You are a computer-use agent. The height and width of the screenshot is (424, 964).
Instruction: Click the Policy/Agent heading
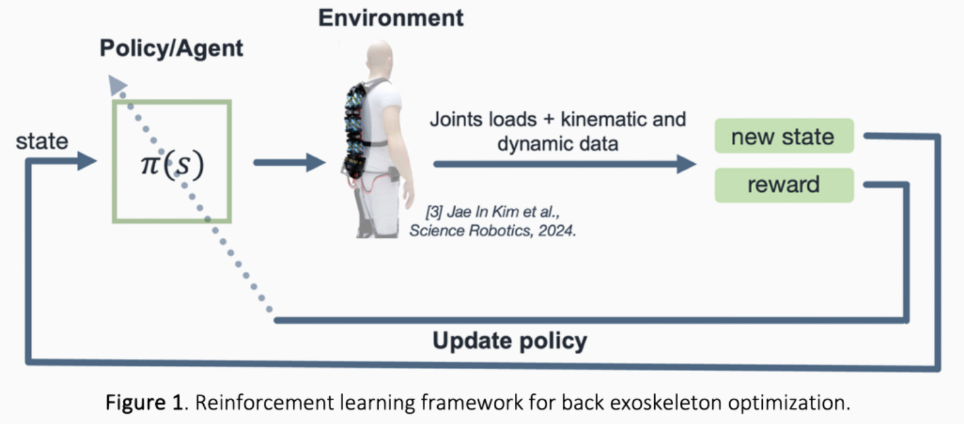coord(171,49)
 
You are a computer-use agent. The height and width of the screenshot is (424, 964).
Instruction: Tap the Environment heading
coord(391,18)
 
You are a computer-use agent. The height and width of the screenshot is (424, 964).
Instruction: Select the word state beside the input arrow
coord(42,141)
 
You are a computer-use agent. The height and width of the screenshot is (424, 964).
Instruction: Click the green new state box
coord(784,136)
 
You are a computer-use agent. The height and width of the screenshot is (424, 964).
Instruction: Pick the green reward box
coord(784,185)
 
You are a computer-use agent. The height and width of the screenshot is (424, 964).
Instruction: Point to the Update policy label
coord(510,341)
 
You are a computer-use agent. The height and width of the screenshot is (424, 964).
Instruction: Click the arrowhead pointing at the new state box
coord(686,165)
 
